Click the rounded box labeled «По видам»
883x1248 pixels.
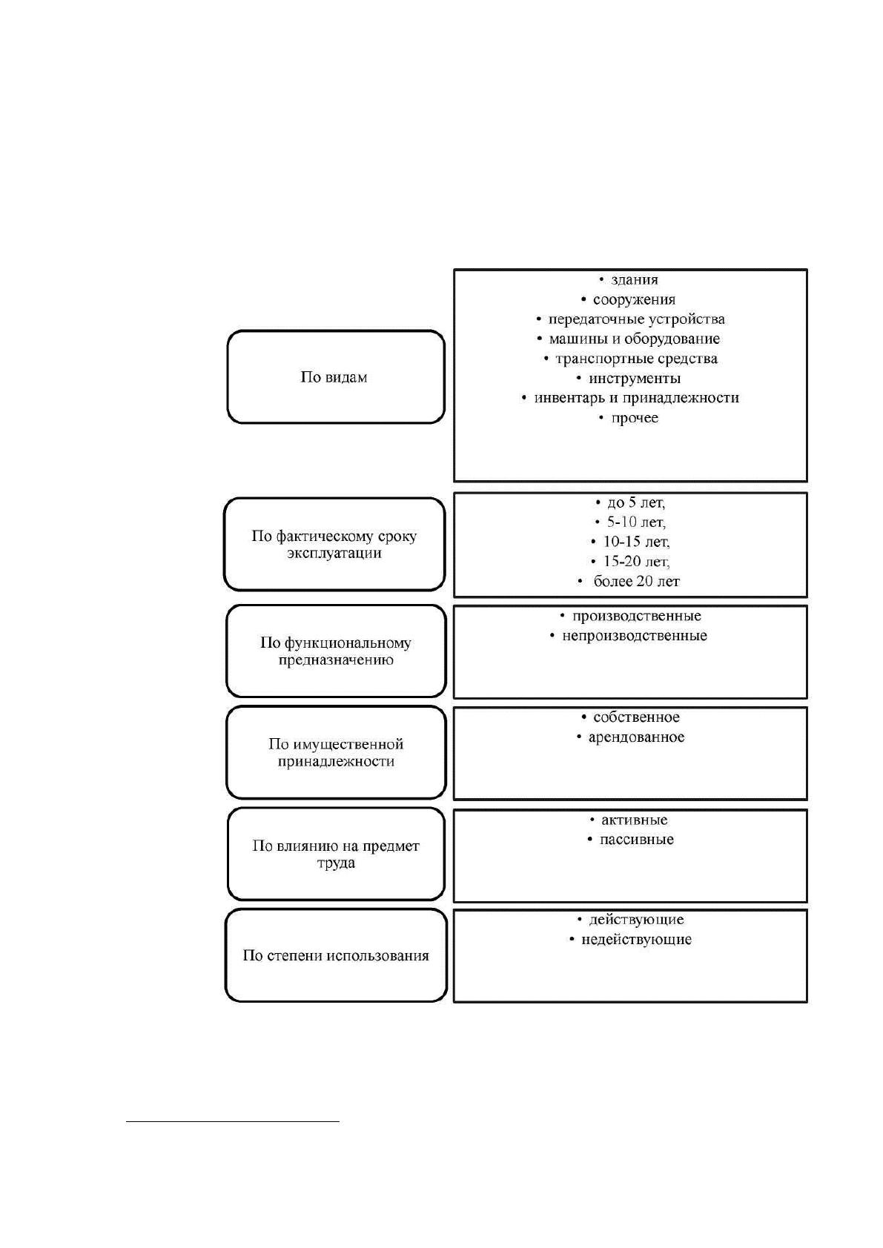(336, 377)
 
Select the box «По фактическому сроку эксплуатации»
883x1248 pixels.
(334, 544)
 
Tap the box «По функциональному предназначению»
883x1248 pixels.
(336, 651)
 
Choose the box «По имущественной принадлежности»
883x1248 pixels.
(336, 752)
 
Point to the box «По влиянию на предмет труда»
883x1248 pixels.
(336, 854)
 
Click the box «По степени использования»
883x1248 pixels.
(336, 955)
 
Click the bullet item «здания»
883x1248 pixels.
(635, 279)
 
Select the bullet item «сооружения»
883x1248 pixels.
(635, 299)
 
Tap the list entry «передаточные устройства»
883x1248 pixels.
(637, 319)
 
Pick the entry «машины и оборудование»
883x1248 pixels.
(635, 339)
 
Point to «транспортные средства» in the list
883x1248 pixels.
(637, 359)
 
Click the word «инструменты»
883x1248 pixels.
(635, 378)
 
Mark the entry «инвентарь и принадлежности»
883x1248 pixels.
(637, 398)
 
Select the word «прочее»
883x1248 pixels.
(635, 418)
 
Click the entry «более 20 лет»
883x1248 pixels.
(637, 581)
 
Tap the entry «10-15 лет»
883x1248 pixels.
(637, 542)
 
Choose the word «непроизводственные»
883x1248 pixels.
(635, 636)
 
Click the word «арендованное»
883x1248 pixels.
(637, 737)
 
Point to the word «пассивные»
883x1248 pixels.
(637, 839)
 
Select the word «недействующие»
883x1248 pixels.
(637, 940)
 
